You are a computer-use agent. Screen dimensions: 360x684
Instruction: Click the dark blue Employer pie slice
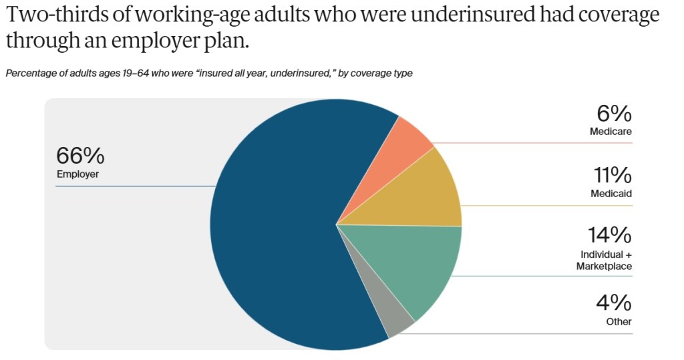pos(281,227)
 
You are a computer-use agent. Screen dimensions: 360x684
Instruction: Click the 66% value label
pos(80,156)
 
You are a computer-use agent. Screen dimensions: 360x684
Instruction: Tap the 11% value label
pos(612,175)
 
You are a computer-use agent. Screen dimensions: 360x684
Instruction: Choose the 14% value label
pos(609,235)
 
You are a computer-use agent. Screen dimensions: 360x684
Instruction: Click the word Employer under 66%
pos(77,174)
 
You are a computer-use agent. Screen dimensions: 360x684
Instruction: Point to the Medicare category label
pos(611,132)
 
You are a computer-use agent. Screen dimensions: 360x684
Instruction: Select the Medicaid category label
pos(611,194)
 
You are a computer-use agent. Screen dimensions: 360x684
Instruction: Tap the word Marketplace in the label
pos(604,266)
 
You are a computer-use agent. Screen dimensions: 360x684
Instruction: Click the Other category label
pos(619,321)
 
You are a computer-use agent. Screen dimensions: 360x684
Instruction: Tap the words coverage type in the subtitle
pos(383,73)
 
